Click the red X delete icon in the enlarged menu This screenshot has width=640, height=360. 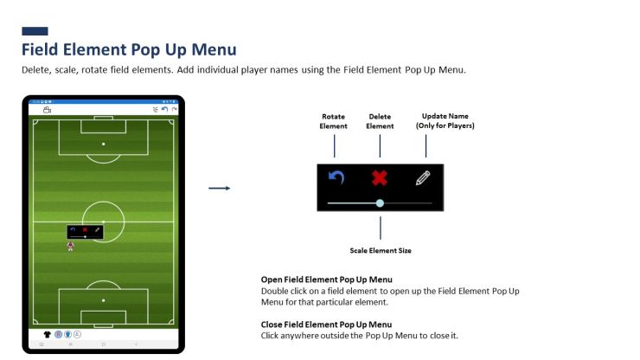[x=380, y=177]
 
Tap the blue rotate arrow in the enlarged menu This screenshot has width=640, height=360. [x=336, y=177]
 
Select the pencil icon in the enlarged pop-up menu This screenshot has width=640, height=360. [x=423, y=177]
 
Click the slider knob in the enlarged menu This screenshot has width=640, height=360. [x=380, y=203]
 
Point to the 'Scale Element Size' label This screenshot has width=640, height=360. [x=381, y=250]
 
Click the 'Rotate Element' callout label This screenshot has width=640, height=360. [x=334, y=121]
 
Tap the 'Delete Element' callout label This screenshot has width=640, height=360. [x=380, y=121]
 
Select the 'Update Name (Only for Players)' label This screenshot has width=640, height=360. [x=445, y=121]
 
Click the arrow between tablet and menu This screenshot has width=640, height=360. [x=220, y=188]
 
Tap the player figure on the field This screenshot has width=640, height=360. [x=71, y=246]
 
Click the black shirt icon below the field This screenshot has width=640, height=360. [x=48, y=334]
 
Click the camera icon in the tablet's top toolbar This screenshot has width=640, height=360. [x=48, y=110]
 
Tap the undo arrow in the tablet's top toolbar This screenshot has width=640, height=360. [x=165, y=109]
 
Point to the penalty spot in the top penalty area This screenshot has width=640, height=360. [x=103, y=144]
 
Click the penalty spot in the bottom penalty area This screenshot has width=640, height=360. [x=103, y=300]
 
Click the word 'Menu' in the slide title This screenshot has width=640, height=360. [x=214, y=49]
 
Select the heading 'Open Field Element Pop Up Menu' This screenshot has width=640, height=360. [x=327, y=280]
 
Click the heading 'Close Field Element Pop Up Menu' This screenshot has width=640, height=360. [x=327, y=325]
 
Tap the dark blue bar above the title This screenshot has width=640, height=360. [x=35, y=31]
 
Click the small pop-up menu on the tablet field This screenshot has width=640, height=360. [x=86, y=232]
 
